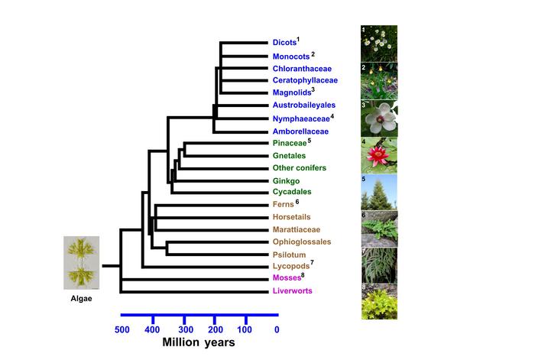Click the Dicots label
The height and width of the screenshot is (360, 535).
[x=284, y=42]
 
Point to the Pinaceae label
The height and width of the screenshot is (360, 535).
[x=289, y=143]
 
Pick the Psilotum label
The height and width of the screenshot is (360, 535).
[x=290, y=254]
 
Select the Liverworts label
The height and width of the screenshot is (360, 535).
[x=293, y=291]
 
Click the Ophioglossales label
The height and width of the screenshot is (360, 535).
[x=300, y=242]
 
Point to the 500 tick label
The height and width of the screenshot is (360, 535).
[x=122, y=329]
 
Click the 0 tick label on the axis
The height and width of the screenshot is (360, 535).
[x=276, y=329]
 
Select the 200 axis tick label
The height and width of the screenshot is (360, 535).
[x=214, y=329]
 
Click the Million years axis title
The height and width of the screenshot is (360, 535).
[x=199, y=343]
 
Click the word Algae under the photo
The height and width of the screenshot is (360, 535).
[x=82, y=299]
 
